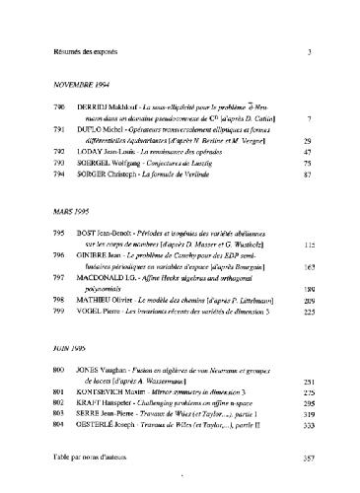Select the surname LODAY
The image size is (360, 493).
pos(89,153)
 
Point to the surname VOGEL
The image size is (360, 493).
pos(88,310)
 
